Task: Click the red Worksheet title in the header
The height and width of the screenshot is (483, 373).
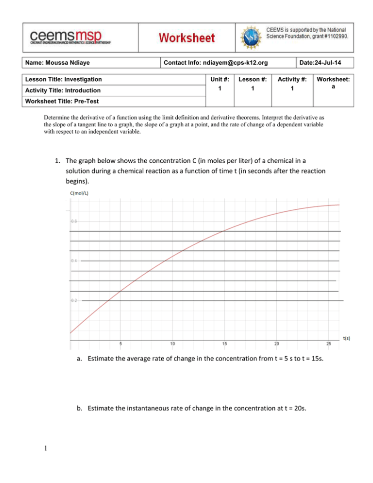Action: [x=187, y=37]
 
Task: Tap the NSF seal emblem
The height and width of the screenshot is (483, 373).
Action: [x=251, y=36]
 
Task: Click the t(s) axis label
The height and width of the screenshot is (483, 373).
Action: [x=346, y=338]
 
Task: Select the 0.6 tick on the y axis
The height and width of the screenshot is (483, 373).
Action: [x=74, y=222]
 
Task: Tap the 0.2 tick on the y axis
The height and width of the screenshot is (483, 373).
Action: [x=74, y=301]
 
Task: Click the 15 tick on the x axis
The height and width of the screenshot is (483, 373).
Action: [x=224, y=344]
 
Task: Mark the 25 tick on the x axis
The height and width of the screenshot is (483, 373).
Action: [x=328, y=344]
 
